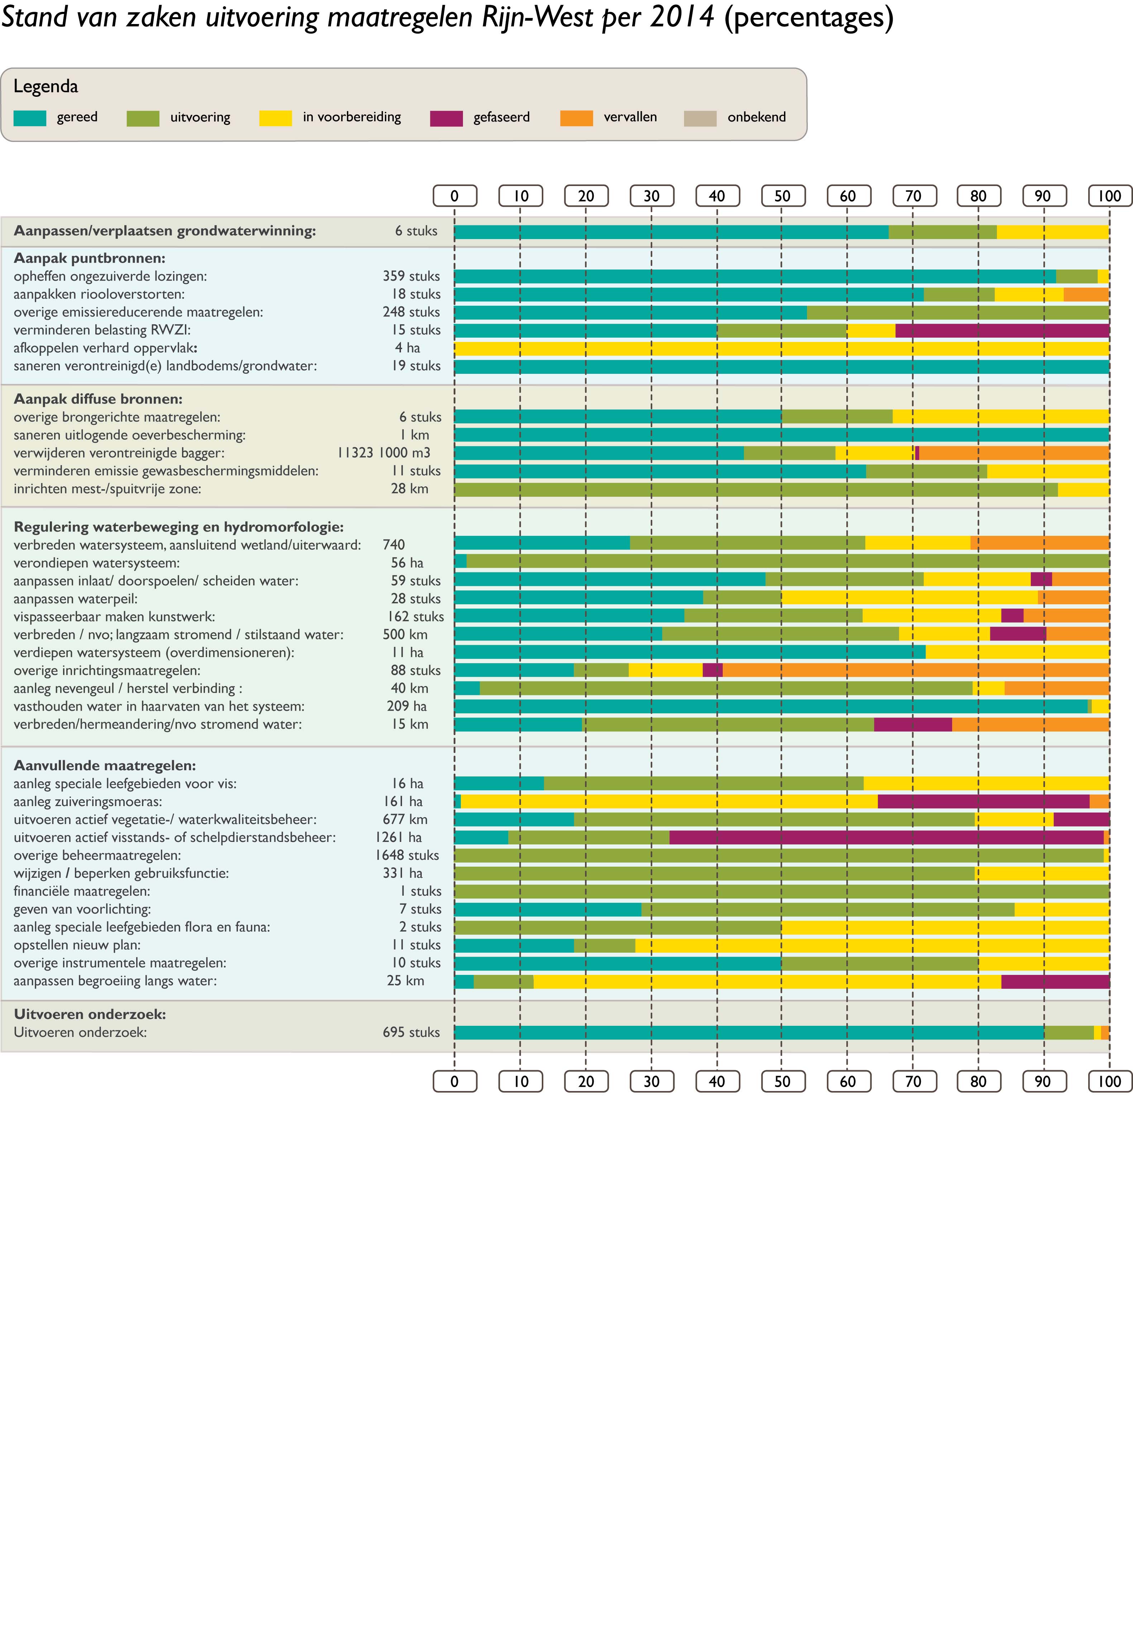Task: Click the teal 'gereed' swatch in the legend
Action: pos(30,118)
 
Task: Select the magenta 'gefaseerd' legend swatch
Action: pos(446,118)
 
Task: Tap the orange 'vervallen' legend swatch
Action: pos(576,118)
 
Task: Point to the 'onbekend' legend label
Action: pos(756,117)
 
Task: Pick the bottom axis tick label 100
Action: pos(1110,1081)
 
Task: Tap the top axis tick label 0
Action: pos(455,196)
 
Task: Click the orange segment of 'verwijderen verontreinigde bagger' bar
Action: pos(1014,453)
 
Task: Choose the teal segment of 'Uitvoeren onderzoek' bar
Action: pos(749,1032)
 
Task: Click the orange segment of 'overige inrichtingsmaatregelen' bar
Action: pos(916,670)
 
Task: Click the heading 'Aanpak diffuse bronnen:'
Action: pos(98,399)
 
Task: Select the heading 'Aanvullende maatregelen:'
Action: pos(105,766)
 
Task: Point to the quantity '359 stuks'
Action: pos(411,276)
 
